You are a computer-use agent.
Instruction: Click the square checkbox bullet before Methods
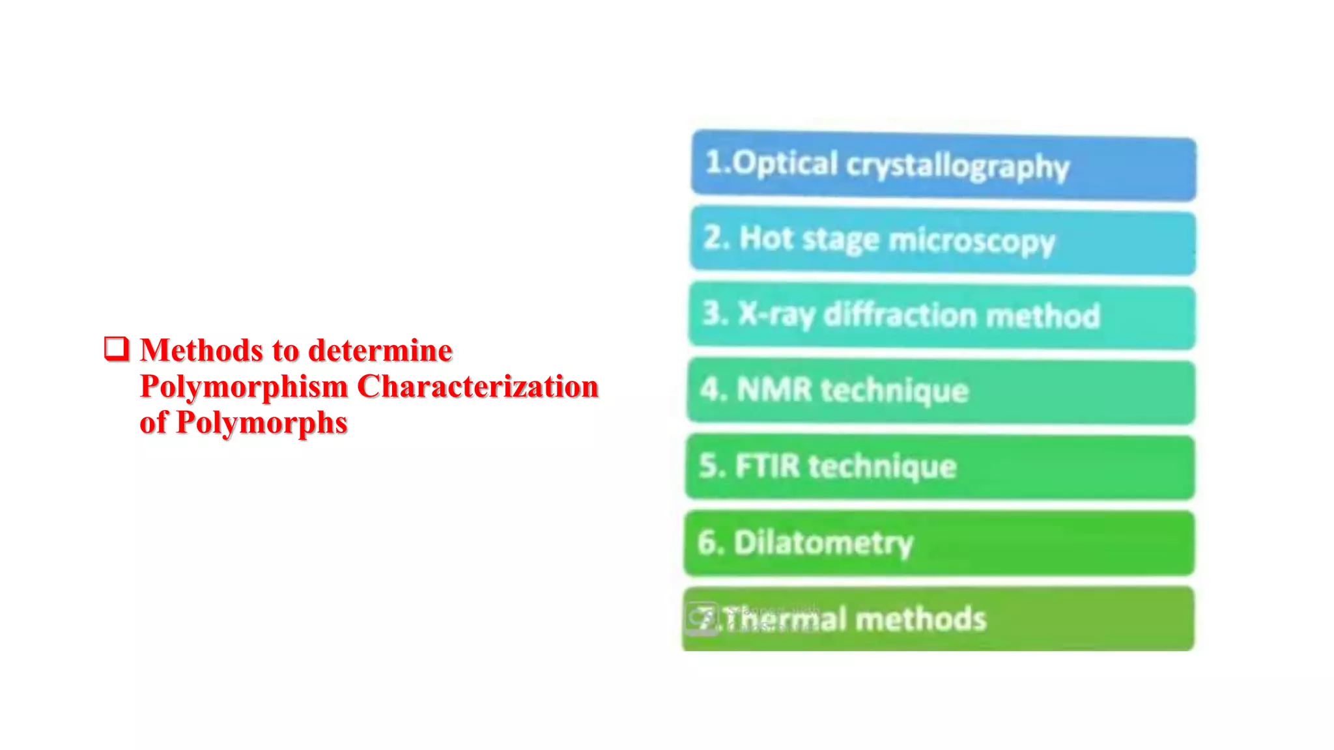point(117,349)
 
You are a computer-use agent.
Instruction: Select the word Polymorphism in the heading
point(244,387)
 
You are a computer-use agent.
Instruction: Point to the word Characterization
point(477,387)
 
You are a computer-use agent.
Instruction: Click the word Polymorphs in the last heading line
point(261,423)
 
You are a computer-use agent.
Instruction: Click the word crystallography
point(958,167)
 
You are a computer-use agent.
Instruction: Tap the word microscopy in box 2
point(971,241)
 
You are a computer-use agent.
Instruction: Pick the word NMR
point(774,390)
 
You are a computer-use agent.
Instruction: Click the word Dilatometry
point(823,543)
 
